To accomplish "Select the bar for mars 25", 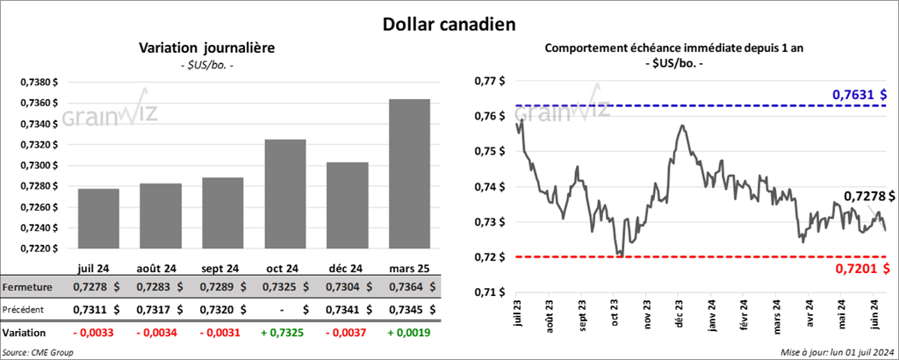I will (407, 176).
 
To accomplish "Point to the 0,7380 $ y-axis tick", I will (39, 82).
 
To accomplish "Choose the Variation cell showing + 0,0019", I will (408, 334).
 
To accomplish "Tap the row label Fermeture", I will (27, 287).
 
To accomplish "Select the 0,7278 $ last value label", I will (868, 196).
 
